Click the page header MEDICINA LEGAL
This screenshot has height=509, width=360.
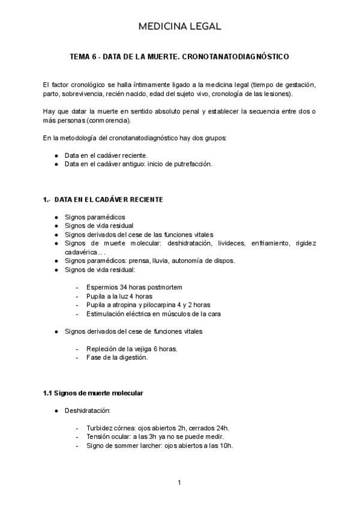point(179,26)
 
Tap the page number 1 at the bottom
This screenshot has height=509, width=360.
point(179,483)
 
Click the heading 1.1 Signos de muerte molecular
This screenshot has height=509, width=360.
point(92,393)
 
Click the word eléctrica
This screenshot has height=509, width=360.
point(143,313)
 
